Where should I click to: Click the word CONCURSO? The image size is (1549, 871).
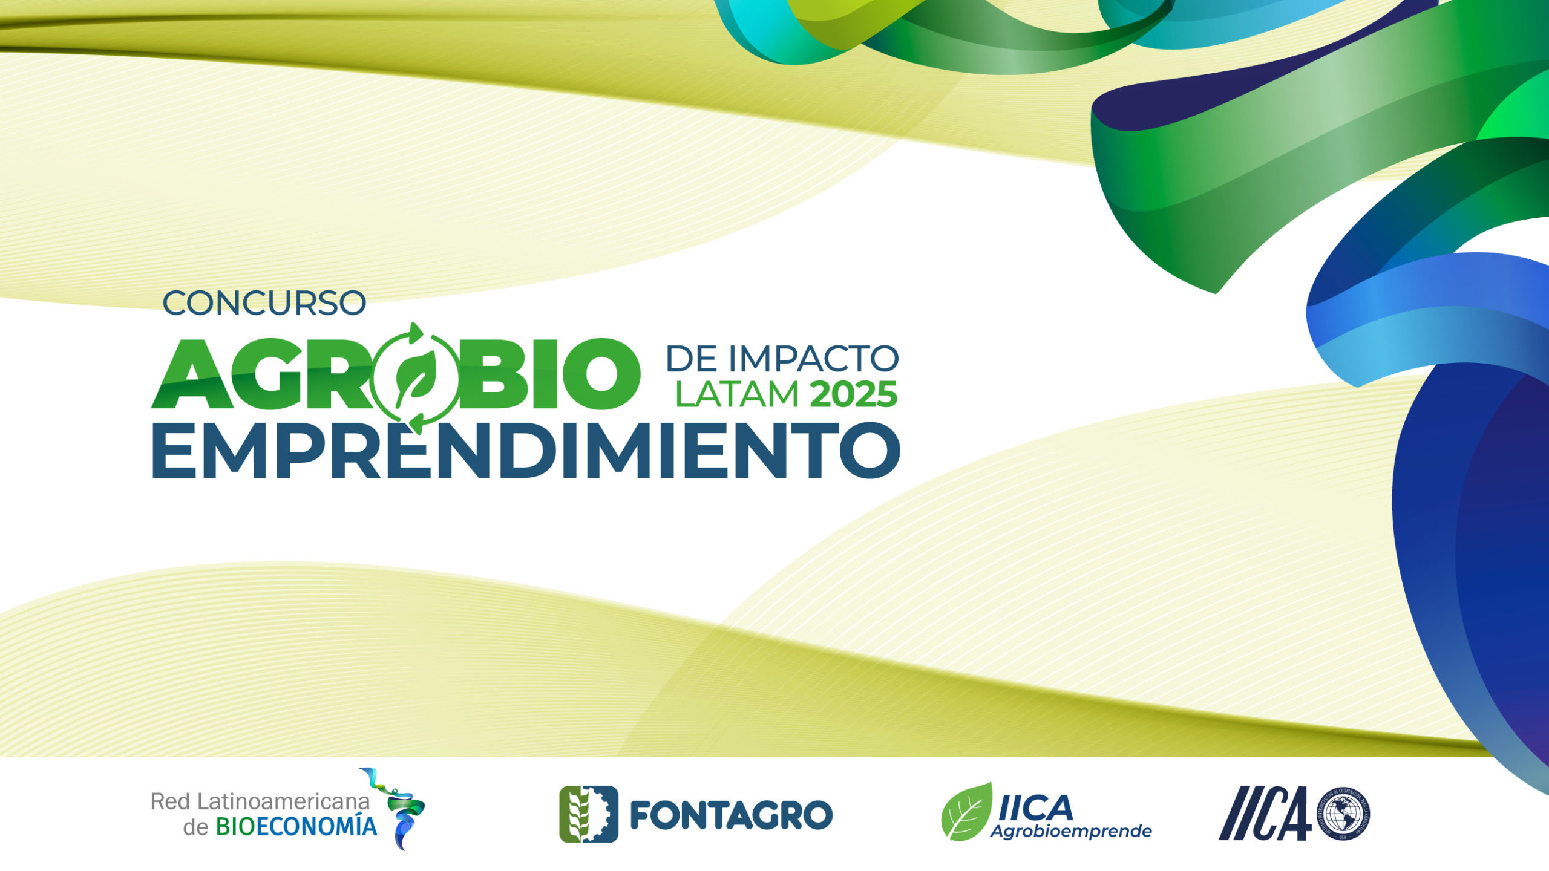pos(264,304)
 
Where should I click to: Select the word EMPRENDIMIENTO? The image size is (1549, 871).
pos(525,451)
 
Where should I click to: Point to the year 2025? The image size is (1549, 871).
pos(853,396)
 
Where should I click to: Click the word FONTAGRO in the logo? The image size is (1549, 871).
pos(731,815)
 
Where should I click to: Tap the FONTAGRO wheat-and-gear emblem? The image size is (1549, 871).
pos(588,814)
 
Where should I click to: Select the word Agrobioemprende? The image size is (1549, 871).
pos(1070,832)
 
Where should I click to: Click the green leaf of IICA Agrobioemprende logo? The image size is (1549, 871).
pos(967,812)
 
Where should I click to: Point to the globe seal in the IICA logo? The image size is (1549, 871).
pos(1343,814)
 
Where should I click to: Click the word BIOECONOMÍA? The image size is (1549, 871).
pos(296,827)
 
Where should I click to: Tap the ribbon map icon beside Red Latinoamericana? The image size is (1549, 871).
pos(400,807)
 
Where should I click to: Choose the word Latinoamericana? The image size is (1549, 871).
pos(284,802)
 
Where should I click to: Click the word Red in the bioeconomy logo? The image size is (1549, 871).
pos(170,802)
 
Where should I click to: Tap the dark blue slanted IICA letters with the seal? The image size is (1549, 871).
pos(1265,814)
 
